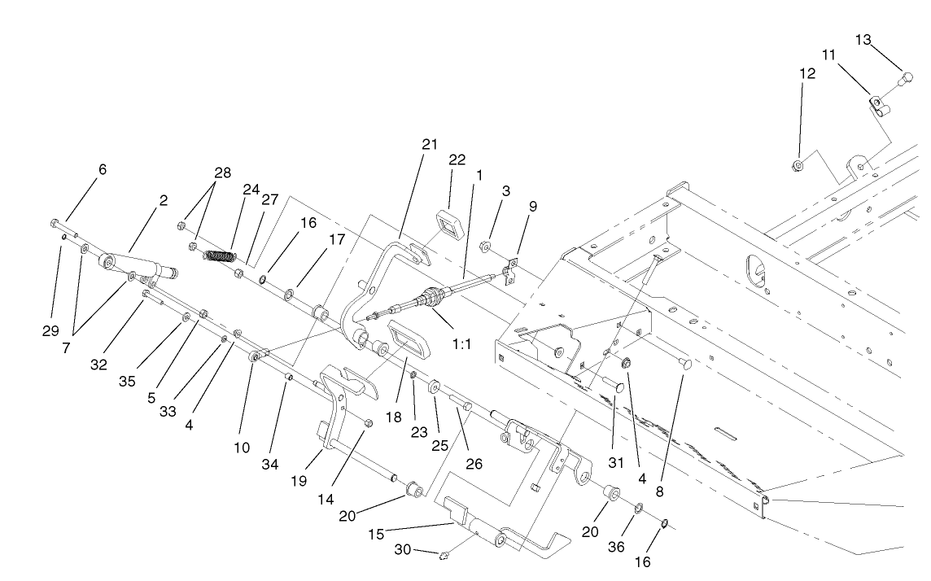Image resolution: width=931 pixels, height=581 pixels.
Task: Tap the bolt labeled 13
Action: click(x=902, y=79)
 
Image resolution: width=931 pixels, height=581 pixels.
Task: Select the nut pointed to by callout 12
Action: click(x=798, y=166)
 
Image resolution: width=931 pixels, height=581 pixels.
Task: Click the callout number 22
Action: click(x=457, y=159)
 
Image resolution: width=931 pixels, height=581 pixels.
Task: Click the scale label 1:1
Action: click(x=462, y=343)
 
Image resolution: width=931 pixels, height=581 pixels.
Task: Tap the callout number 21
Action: click(x=430, y=144)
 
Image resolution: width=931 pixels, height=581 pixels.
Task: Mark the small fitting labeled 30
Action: click(x=445, y=557)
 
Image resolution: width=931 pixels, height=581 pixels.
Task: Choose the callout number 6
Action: click(x=103, y=169)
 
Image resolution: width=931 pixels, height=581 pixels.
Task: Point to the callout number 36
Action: click(x=616, y=547)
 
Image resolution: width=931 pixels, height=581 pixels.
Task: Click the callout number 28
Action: click(x=222, y=173)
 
